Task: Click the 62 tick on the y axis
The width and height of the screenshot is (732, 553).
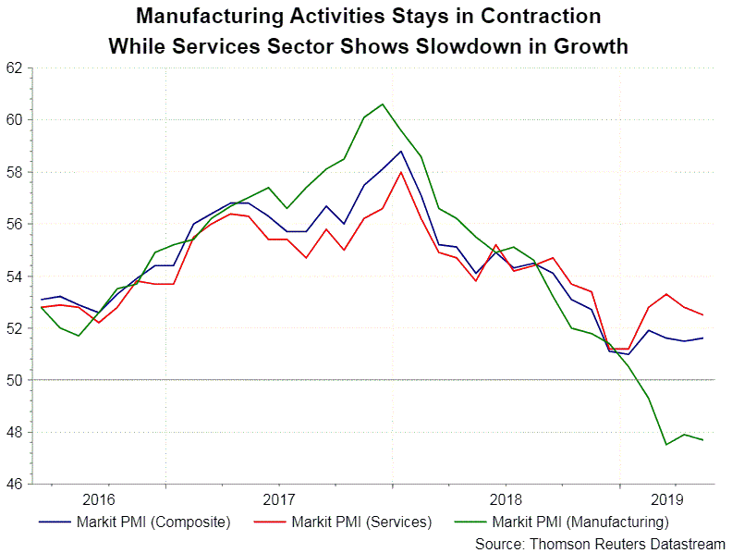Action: point(16,68)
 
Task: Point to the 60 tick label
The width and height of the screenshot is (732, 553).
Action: point(16,119)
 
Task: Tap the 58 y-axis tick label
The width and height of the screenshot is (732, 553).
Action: point(16,172)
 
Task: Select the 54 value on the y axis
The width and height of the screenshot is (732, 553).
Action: point(16,276)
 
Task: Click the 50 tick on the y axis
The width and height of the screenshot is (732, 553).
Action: point(16,380)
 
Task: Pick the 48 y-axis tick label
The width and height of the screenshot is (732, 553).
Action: point(16,432)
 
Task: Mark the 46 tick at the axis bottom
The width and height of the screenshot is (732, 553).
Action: point(16,484)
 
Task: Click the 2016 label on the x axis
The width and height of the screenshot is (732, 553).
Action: point(99,498)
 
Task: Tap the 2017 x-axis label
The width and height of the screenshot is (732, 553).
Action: point(279,498)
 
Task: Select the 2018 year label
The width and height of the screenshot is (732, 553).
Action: point(505,498)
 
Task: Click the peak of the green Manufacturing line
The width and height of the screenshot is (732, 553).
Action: point(383,104)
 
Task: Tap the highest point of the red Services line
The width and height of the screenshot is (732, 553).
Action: point(400,172)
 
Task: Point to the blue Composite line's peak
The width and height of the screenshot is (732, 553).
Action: point(400,151)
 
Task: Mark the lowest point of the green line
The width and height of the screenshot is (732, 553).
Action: point(666,445)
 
